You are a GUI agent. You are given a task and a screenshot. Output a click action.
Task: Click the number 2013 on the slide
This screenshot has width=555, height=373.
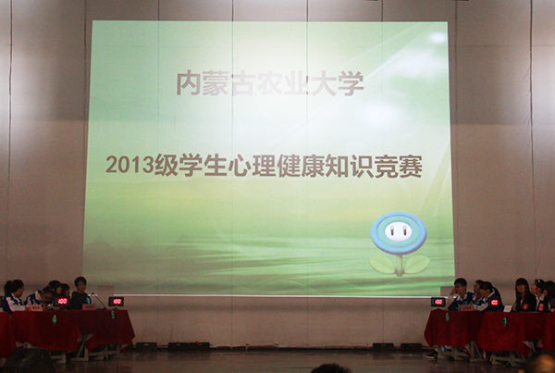click(129, 165)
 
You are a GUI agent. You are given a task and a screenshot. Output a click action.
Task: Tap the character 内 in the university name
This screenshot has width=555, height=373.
click(189, 83)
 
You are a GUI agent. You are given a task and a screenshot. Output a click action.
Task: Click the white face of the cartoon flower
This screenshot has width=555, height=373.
click(398, 231)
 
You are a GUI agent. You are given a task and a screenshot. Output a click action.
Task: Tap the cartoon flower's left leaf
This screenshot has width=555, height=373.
click(382, 265)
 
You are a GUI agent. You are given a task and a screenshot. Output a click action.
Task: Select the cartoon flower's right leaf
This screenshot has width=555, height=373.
click(417, 265)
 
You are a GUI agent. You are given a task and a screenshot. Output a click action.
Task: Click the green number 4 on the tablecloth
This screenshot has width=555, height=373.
click(55, 320)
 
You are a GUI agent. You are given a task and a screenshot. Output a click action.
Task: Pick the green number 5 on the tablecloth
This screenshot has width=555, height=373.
click(113, 315)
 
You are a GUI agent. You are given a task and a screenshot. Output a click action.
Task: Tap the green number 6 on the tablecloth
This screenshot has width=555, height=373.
click(447, 317)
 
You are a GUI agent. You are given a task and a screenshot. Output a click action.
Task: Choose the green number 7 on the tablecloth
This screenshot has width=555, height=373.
click(505, 322)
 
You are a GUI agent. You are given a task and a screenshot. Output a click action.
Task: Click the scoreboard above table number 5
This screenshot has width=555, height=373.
click(117, 302)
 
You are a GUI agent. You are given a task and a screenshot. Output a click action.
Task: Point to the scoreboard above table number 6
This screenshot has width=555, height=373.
click(438, 302)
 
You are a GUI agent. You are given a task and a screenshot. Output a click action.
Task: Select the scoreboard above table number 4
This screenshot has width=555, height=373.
click(62, 302)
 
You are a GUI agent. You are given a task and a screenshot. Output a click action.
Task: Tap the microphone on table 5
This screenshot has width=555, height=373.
click(97, 301)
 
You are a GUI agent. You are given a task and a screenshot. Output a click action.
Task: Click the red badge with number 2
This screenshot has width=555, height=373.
click(541, 306)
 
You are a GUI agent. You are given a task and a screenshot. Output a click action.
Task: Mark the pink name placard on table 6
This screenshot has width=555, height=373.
click(467, 308)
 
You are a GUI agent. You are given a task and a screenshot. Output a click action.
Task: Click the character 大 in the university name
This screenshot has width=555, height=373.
click(324, 83)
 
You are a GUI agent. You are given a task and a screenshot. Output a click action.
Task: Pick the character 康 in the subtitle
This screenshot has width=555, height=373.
click(313, 166)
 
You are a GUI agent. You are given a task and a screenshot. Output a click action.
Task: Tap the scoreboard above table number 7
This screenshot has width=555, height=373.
click(495, 303)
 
